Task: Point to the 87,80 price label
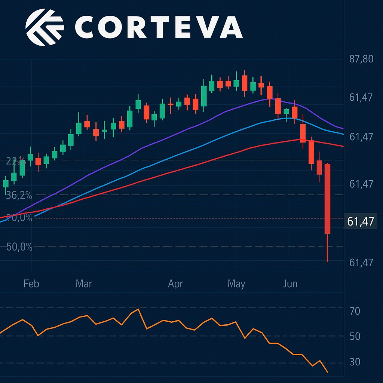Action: pos(361,59)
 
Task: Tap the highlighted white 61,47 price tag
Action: pos(360,222)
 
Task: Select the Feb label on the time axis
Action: pos(31,284)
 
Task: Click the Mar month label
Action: pos(83,284)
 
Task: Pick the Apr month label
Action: pos(175,284)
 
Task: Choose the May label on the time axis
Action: pos(236,284)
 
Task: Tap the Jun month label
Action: pos(290,284)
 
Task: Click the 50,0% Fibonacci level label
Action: pos(19,247)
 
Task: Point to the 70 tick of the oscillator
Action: pos(354,311)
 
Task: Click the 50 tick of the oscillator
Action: pos(354,337)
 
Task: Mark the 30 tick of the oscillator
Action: pos(354,362)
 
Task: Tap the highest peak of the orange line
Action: pos(139,309)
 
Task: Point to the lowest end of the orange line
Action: pos(328,372)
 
